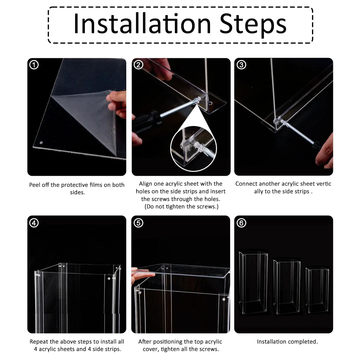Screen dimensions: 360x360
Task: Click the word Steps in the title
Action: coord(253,25)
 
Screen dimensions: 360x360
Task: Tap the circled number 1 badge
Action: coord(34,65)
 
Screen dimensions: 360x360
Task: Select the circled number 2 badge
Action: coord(138,65)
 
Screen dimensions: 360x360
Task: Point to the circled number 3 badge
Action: coord(241,65)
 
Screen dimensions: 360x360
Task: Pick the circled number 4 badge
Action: coord(34,223)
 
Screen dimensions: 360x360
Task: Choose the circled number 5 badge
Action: coord(138,223)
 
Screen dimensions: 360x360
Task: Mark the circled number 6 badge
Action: coord(241,223)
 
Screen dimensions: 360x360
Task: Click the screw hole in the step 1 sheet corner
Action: coord(41,143)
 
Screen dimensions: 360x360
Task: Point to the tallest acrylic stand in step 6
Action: coord(253,283)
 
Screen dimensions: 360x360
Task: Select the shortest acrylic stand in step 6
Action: coord(317,290)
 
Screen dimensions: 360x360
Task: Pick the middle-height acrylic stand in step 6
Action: coord(287,287)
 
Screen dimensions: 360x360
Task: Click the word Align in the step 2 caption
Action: coord(145,184)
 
